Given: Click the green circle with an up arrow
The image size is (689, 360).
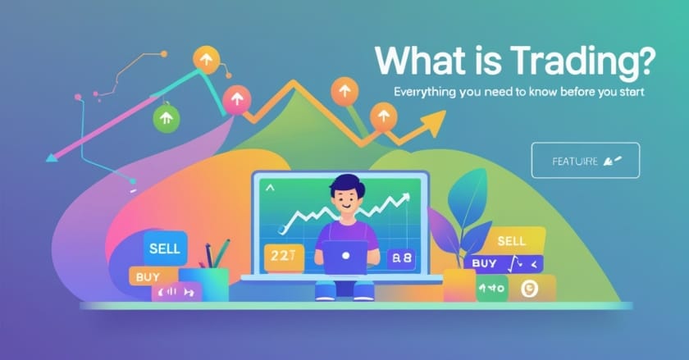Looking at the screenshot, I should (166, 119).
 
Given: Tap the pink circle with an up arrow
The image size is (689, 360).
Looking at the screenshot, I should (236, 100).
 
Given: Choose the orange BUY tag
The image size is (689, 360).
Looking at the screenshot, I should (148, 277).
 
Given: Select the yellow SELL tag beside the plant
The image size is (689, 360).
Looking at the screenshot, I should (511, 241).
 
